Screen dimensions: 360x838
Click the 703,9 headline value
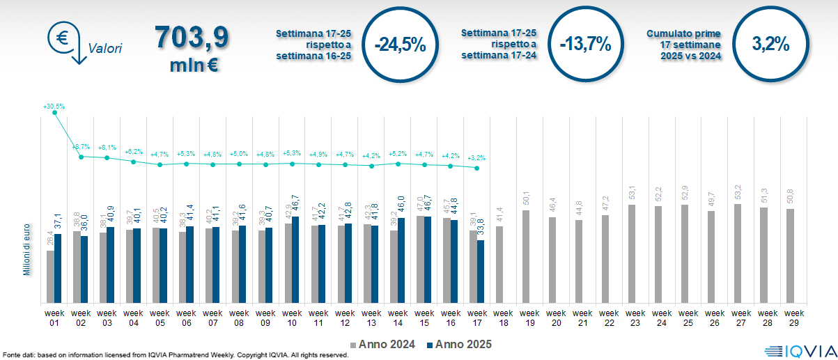coord(192,38)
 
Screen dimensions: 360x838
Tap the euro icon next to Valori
coord(63,37)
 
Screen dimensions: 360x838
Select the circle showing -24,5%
coord(399,45)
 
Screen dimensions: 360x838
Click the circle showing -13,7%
coord(585,45)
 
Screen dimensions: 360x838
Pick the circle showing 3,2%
coord(770,45)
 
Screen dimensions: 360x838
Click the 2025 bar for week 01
coord(59,269)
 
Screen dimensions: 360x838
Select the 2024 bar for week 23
coord(632,254)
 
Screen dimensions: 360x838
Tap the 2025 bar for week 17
coord(481,272)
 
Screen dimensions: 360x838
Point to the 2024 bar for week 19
coord(526,257)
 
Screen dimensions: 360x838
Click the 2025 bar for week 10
coord(296,260)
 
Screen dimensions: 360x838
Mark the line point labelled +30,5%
coord(55,113)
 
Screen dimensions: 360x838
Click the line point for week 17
coord(476,168)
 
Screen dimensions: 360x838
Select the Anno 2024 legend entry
coord(383,344)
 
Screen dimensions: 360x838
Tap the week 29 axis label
coord(793,318)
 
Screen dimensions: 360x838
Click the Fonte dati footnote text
coord(174,355)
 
